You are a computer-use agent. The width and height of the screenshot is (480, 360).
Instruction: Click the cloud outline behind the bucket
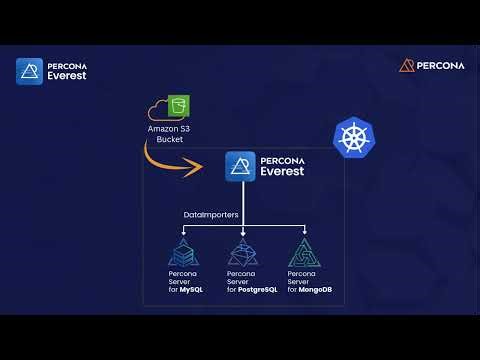tap(158, 110)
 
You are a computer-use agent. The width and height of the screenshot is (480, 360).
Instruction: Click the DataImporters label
tap(211, 215)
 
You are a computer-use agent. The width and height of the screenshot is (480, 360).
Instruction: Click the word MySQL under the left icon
tap(192, 290)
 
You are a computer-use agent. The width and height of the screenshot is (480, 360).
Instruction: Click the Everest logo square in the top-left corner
tap(29, 71)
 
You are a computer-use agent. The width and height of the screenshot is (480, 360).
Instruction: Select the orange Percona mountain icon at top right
tap(407, 66)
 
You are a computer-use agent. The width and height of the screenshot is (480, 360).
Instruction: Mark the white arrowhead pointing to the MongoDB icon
tap(304, 230)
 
